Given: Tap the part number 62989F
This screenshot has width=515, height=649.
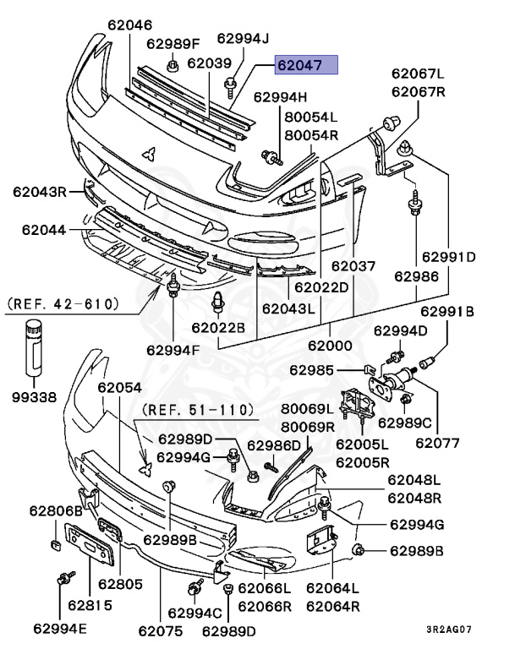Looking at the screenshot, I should (x=173, y=43).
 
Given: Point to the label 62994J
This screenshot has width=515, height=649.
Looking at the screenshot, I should (x=243, y=38).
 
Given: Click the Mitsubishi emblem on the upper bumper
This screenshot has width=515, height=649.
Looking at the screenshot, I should (x=148, y=153).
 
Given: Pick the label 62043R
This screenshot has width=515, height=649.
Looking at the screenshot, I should (x=39, y=192).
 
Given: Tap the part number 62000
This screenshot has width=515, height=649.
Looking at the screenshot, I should (x=330, y=346).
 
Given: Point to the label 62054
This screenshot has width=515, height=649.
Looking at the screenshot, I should (x=119, y=388).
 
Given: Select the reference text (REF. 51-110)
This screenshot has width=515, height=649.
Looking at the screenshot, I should (x=197, y=410).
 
